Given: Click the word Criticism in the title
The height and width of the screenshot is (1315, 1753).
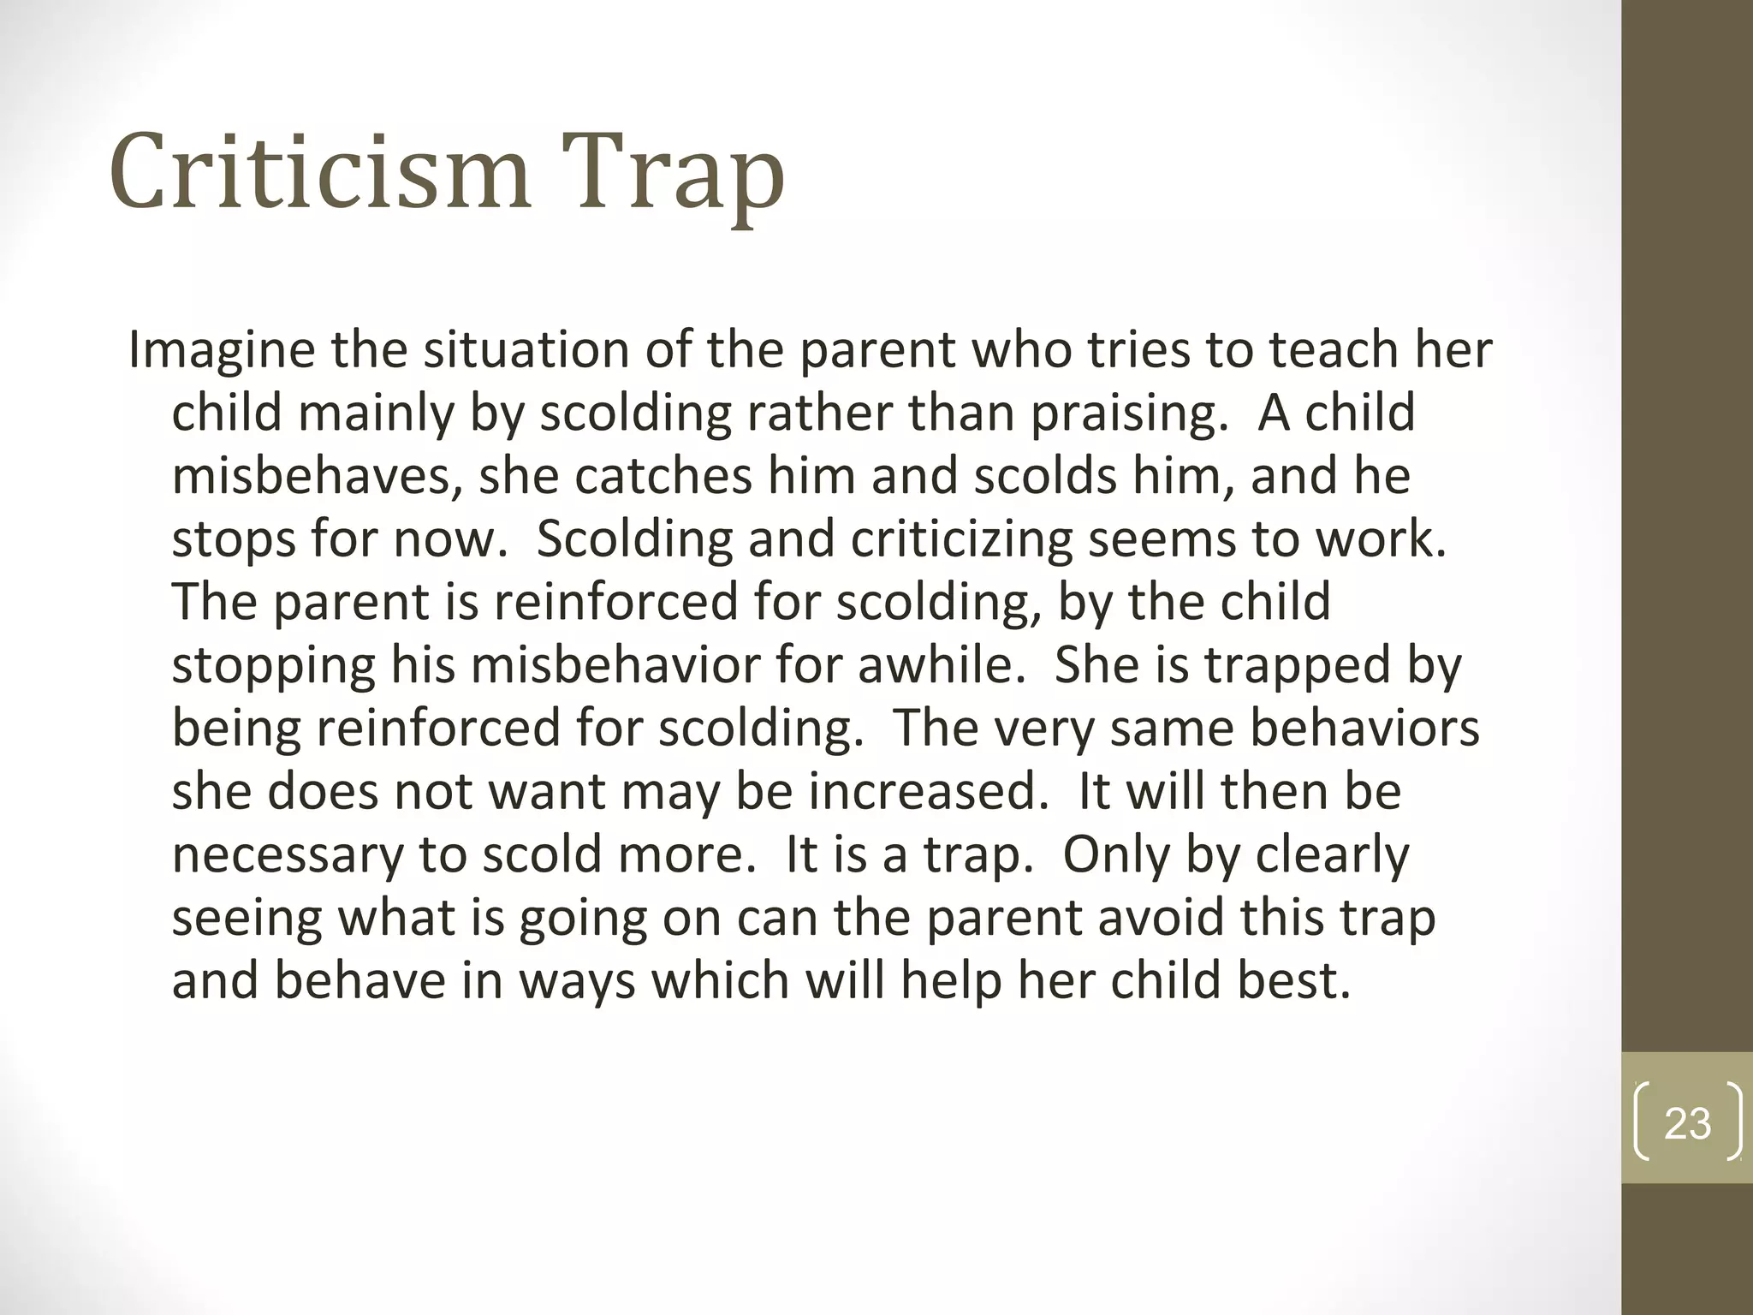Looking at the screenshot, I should click(x=320, y=170).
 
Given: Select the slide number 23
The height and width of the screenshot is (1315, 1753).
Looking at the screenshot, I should click(x=1687, y=1123).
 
